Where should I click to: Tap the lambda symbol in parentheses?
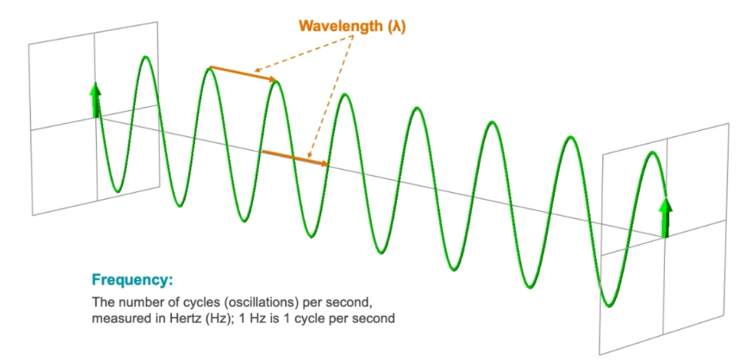coord(397,28)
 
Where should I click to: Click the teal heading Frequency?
coord(132,280)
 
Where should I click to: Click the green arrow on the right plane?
coord(665,217)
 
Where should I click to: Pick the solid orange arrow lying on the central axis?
coord(296,159)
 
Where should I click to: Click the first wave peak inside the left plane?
coord(146,58)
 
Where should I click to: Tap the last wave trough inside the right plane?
coord(608,304)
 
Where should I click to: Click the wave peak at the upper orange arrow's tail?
coord(208,70)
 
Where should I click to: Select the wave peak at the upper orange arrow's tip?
coord(276,83)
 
